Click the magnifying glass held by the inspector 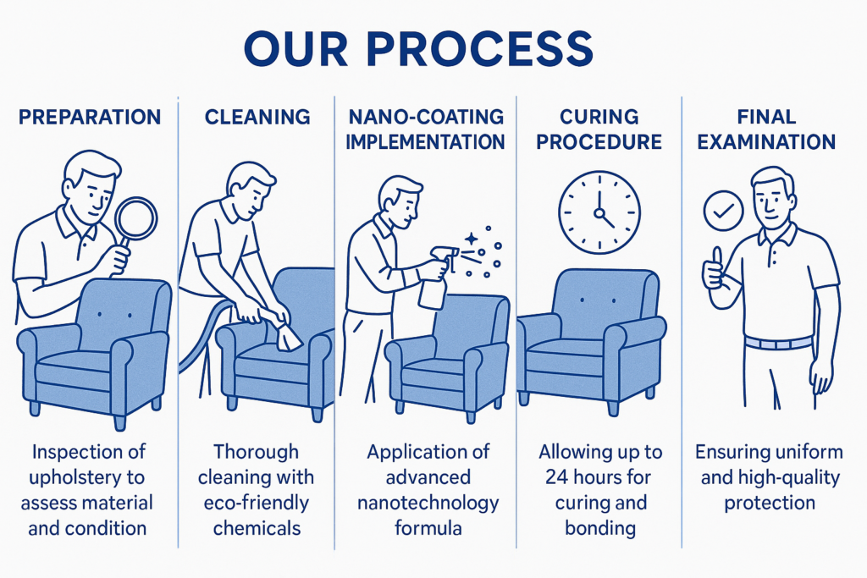click(135, 218)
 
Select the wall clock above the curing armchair click(599, 212)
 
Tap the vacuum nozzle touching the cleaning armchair click(287, 338)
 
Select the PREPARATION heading click(90, 117)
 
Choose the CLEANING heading click(256, 117)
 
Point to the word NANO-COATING click(425, 117)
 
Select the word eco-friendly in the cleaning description click(257, 503)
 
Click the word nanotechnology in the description click(428, 503)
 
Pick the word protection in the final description click(769, 503)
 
